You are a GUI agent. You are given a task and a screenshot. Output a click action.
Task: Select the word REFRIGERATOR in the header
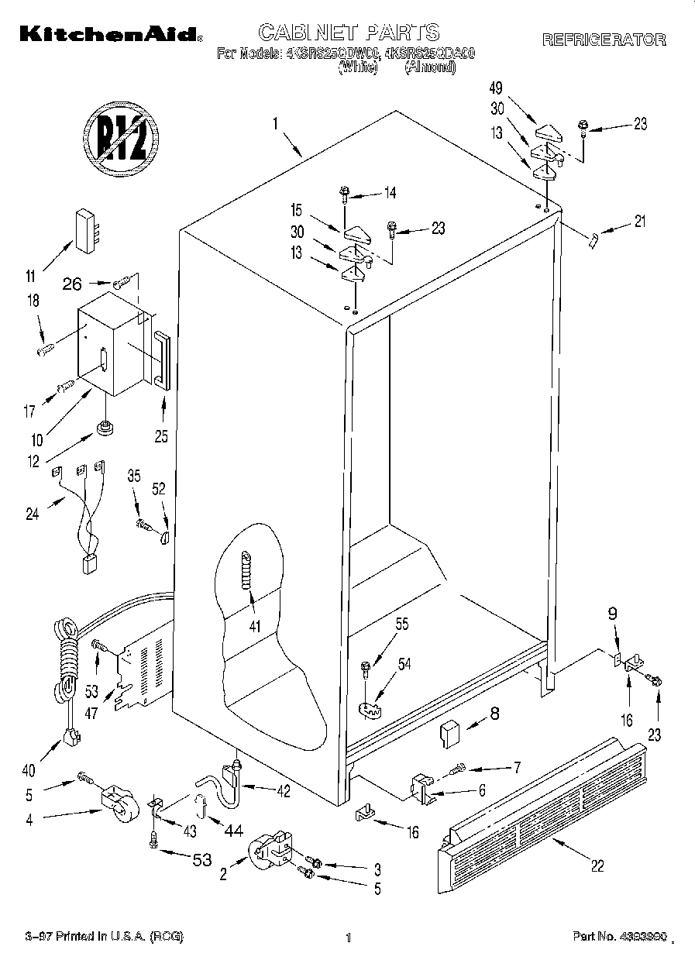(604, 40)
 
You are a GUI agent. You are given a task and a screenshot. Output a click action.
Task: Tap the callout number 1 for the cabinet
(275, 122)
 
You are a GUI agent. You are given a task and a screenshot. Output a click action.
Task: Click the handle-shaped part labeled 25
(162, 360)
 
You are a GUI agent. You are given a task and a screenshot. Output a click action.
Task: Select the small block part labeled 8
(450, 735)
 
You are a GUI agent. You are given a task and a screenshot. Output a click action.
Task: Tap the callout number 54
(405, 662)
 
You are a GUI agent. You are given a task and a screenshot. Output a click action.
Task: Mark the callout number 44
(232, 830)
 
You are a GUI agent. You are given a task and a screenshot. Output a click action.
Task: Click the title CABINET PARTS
(348, 32)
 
